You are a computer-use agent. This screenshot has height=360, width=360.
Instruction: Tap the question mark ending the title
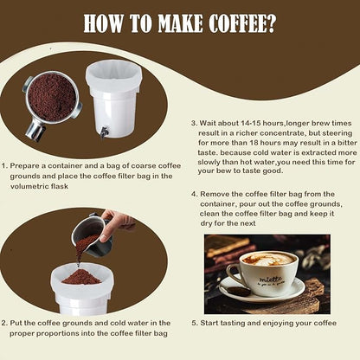[271, 23]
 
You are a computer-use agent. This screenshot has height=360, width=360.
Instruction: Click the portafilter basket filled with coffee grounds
[52, 98]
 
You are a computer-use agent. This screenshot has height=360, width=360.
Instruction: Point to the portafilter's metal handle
[35, 132]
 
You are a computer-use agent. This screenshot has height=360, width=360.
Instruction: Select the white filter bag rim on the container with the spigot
[113, 75]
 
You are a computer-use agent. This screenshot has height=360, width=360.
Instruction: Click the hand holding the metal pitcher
[113, 225]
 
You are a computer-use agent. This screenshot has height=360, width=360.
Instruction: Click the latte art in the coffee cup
[268, 259]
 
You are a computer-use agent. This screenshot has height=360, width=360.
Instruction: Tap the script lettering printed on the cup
[270, 280]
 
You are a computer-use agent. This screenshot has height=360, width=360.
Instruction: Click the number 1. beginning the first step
[4, 166]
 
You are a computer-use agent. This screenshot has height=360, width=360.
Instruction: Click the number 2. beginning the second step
[4, 323]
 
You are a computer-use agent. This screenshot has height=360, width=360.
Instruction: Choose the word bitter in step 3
[347, 143]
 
